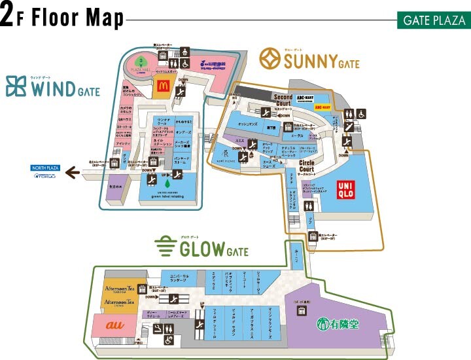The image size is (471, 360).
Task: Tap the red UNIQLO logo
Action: coord(349,190)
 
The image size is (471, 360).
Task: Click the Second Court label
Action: coord(283,100)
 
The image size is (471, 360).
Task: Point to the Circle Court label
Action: coord(307,164)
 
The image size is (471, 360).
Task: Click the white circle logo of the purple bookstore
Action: coord(322,324)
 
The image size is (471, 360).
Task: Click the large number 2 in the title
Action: coord(8,17)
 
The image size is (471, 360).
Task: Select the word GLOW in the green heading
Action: coord(198,250)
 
